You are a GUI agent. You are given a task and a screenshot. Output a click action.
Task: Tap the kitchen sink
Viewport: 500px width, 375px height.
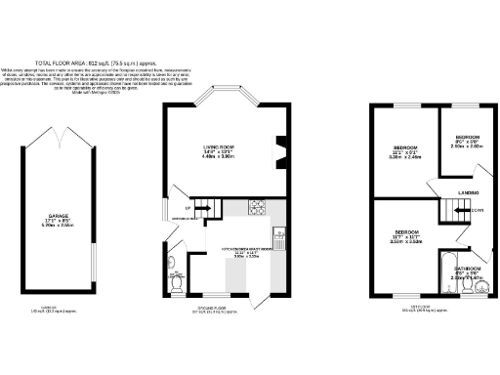coord(279,233)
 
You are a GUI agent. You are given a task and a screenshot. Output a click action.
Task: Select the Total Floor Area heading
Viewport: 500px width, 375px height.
coord(249,61)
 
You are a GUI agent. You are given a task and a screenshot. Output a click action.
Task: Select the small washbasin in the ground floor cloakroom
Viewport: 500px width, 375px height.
coord(169,264)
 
